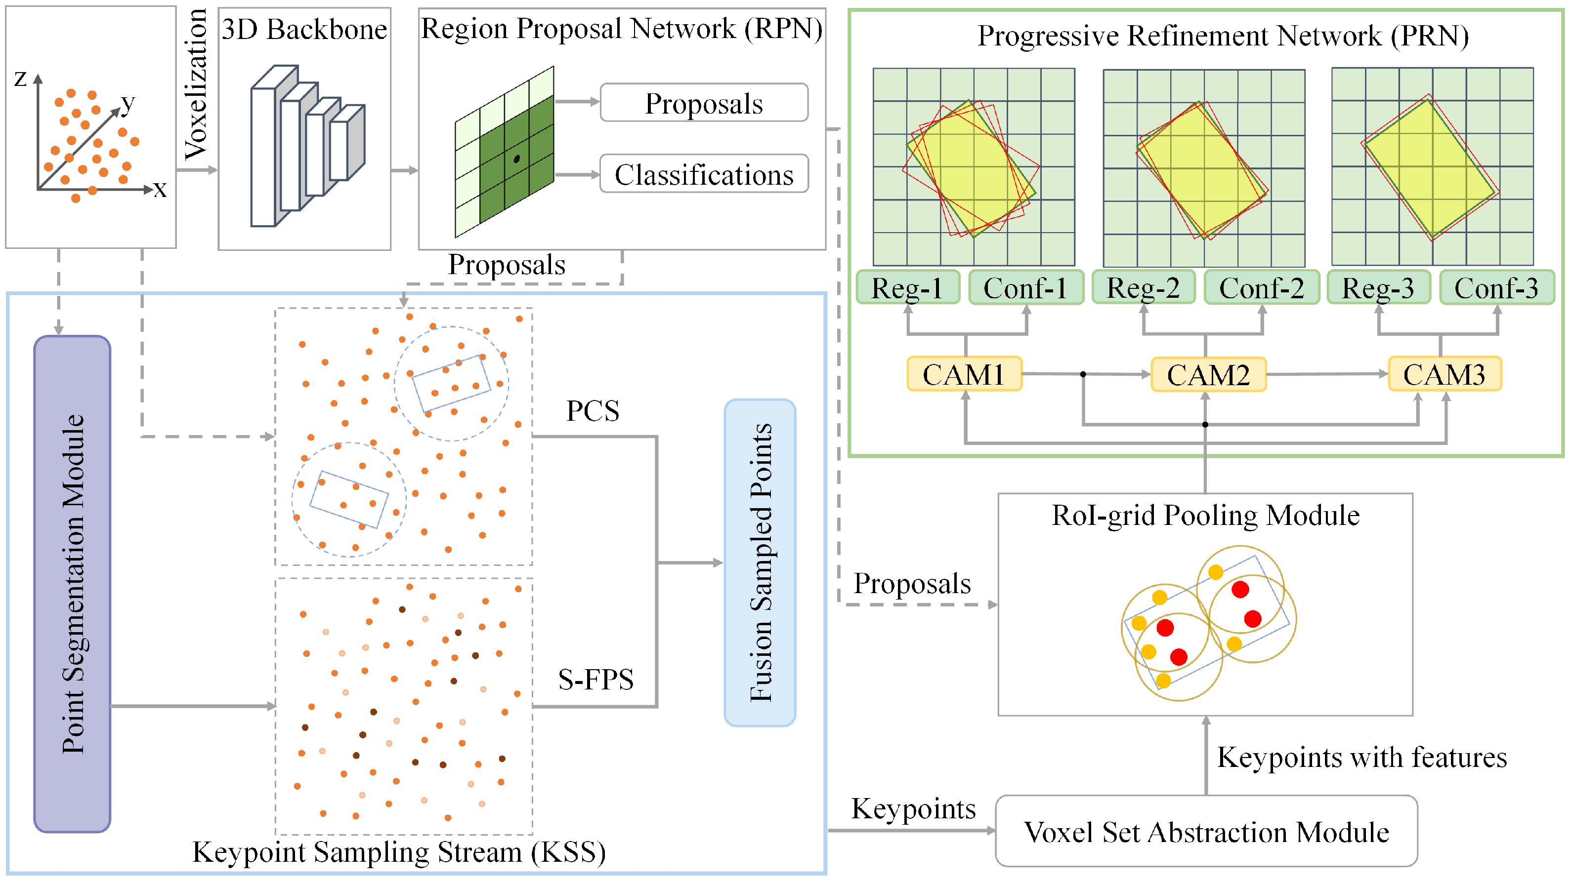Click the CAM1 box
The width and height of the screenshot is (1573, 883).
[x=964, y=374]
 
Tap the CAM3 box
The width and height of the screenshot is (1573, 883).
[x=1444, y=374]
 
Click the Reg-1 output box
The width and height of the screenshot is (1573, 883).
[x=907, y=288]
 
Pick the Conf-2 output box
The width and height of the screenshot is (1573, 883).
[x=1262, y=288]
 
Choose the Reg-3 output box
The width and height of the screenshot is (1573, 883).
[x=1378, y=288]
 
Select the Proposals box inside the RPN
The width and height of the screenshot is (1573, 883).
[x=704, y=103]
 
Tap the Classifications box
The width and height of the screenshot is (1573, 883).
[x=704, y=174]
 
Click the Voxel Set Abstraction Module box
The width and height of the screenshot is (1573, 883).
[x=1206, y=832]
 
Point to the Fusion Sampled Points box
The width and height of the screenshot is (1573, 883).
[x=760, y=562]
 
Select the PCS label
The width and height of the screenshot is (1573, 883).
[x=593, y=411]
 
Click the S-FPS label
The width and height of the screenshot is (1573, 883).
[x=595, y=679]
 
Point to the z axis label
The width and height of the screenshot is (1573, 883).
[x=20, y=78]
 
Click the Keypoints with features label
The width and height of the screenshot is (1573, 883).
[x=1361, y=757]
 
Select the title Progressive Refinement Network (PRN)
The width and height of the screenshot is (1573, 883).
[x=1223, y=36]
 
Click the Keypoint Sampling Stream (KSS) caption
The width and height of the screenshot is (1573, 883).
[x=399, y=852]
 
